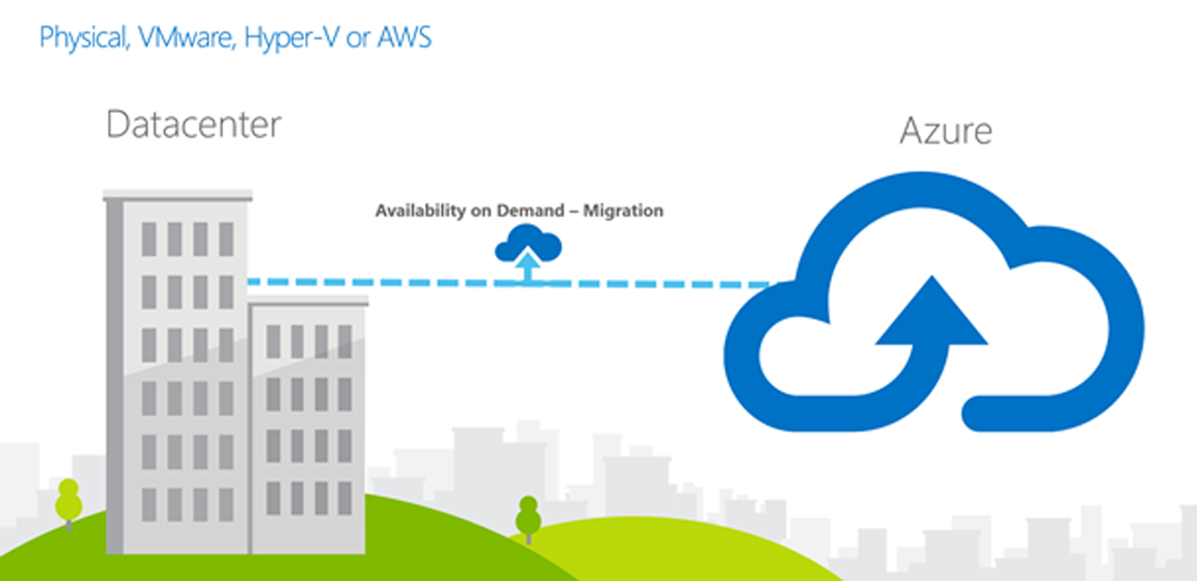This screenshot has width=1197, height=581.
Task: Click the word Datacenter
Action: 193,124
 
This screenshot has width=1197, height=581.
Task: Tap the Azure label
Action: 945,130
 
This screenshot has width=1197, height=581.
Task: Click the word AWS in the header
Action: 406,39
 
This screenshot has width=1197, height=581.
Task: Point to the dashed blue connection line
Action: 386,283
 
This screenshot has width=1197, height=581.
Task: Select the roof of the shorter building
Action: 309,301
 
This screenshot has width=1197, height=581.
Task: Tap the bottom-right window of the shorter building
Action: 345,497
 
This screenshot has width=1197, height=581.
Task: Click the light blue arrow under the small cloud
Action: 527,266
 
